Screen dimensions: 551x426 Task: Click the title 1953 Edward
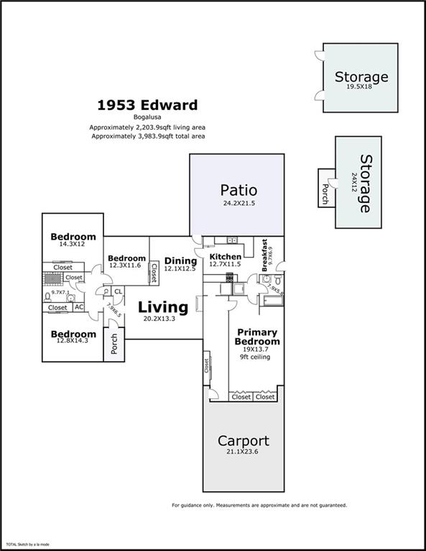click(x=147, y=105)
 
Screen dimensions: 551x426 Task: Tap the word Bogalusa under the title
click(x=147, y=118)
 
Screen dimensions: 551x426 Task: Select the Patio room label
click(x=239, y=190)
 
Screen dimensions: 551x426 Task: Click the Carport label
click(x=244, y=441)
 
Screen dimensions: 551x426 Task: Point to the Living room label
click(x=163, y=307)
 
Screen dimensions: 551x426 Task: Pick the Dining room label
click(x=180, y=260)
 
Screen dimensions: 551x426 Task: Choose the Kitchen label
click(x=225, y=256)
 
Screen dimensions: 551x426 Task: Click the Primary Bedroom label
click(x=258, y=336)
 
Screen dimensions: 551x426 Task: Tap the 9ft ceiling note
click(x=255, y=357)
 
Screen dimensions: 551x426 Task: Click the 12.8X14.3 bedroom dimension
click(x=73, y=342)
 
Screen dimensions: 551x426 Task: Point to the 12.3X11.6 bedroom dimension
click(x=126, y=266)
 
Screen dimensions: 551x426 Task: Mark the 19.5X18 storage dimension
click(x=361, y=88)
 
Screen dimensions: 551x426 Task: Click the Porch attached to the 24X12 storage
click(x=325, y=189)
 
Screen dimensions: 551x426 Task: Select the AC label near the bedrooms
click(x=78, y=307)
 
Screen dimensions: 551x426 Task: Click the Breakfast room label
click(x=264, y=254)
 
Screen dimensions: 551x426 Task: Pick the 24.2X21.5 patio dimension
click(x=239, y=203)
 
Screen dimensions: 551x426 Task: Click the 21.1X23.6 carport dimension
click(x=244, y=453)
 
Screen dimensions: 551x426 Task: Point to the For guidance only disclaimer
click(x=259, y=505)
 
